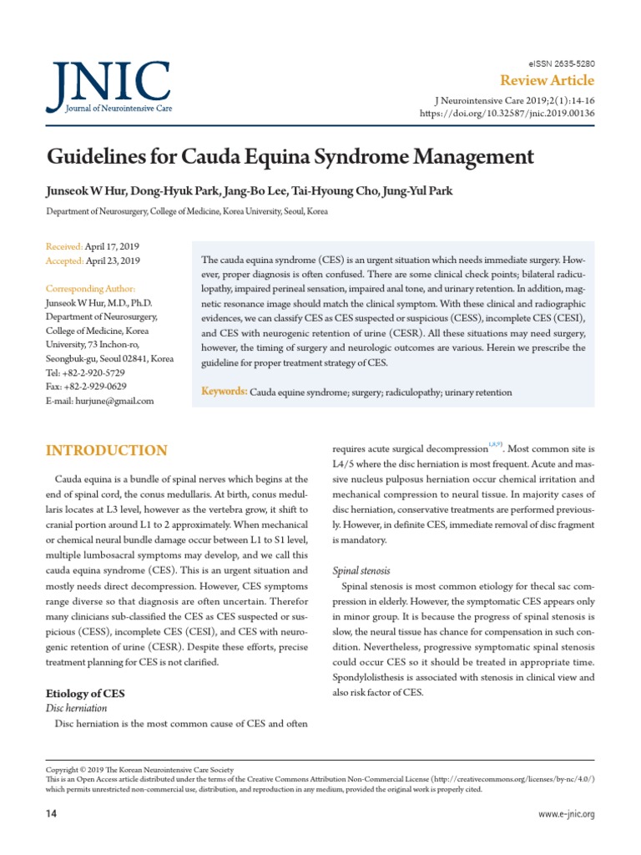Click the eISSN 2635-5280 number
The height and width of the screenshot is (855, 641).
(563, 63)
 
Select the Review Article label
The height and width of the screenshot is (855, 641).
(547, 81)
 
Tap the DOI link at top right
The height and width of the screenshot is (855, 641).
(507, 113)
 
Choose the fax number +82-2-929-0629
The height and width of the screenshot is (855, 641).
(95, 387)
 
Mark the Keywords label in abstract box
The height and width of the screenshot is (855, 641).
(225, 392)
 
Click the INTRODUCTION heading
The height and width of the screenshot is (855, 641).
(106, 451)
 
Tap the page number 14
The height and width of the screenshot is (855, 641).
(50, 813)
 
